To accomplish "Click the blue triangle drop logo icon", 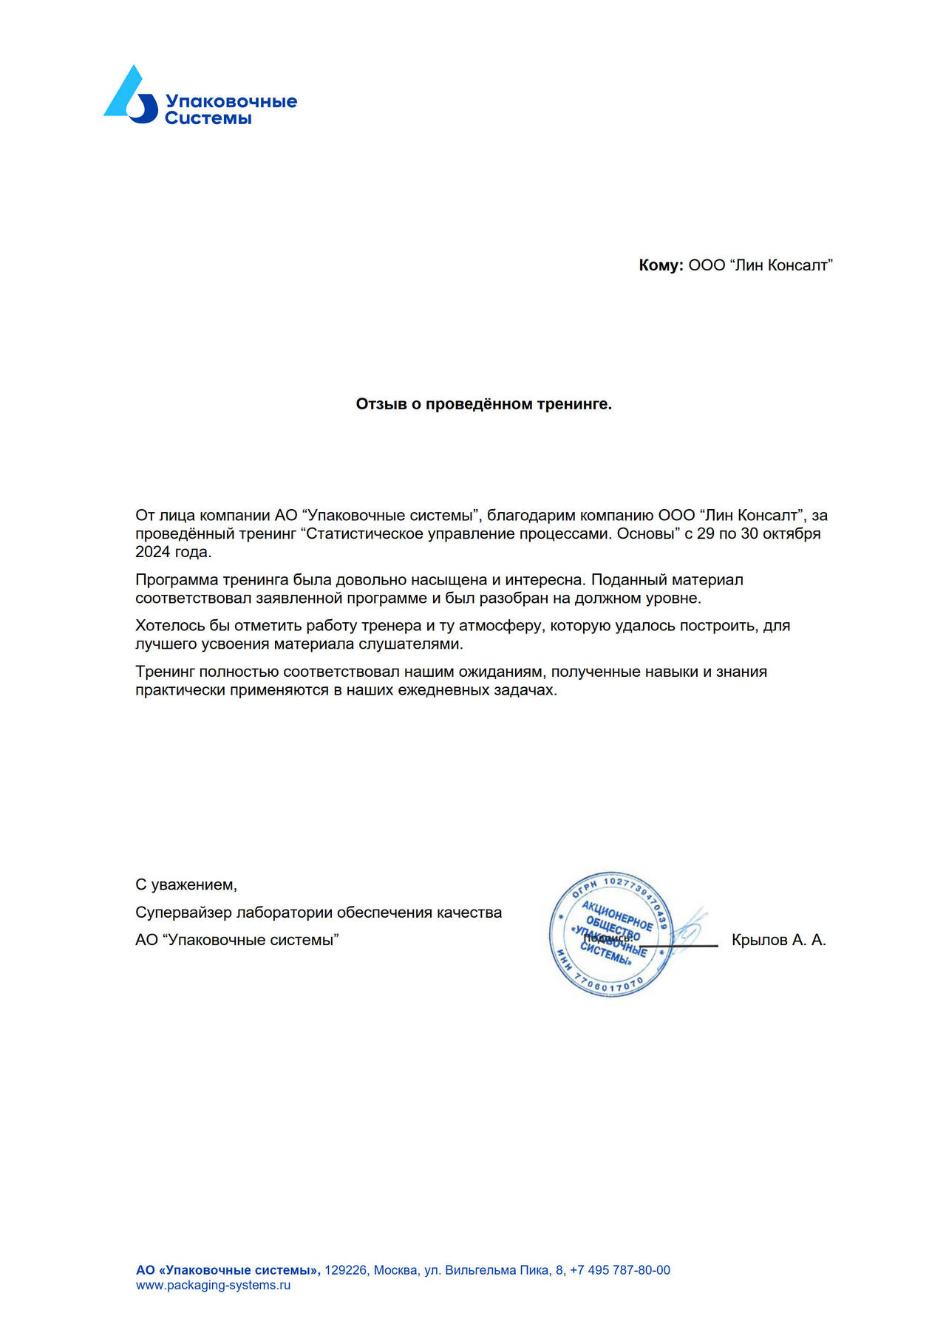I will click(131, 95).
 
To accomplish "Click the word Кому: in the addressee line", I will click(661, 265).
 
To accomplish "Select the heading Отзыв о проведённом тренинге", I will click(483, 404).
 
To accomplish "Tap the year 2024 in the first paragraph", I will click(153, 552).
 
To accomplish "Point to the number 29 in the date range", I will click(705, 533).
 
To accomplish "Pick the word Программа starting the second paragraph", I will click(177, 580).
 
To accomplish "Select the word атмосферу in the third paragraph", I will click(502, 626).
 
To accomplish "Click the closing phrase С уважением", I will click(186, 884).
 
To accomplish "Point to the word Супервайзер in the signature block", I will click(183, 913).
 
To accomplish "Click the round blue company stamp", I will click(610, 933).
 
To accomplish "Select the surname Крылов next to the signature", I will click(759, 940).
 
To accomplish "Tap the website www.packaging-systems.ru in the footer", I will click(213, 1285).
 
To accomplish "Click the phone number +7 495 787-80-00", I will click(620, 1270).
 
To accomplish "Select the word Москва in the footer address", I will click(395, 1270).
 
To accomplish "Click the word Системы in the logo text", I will click(208, 118).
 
